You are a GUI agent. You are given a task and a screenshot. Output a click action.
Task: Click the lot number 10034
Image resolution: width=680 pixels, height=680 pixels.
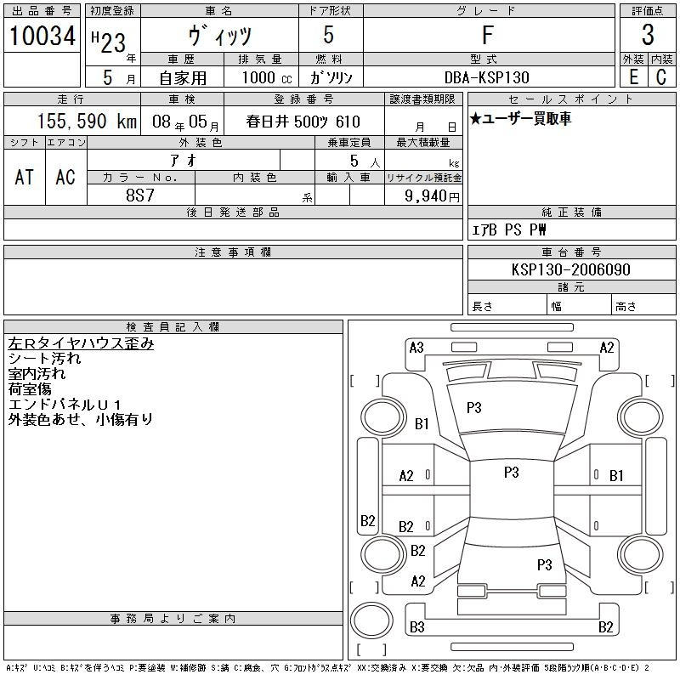tap(42, 36)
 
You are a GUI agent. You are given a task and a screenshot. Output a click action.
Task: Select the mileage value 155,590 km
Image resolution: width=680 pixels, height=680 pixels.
tap(87, 122)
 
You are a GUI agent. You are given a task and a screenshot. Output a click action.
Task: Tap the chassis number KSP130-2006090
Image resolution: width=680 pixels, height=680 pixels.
tap(570, 269)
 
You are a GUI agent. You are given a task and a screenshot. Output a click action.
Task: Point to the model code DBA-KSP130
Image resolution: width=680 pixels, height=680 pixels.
tap(487, 77)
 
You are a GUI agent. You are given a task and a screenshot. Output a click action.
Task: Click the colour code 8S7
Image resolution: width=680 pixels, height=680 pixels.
tap(140, 195)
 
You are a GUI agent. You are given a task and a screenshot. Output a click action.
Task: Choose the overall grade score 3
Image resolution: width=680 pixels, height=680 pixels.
tap(648, 35)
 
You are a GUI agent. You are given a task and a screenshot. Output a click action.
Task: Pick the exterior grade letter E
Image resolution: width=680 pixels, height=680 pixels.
tap(633, 77)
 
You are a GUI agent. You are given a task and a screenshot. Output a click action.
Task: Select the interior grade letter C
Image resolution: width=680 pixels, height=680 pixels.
tap(661, 77)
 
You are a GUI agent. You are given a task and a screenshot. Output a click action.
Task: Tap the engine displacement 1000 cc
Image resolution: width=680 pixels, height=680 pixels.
tap(267, 77)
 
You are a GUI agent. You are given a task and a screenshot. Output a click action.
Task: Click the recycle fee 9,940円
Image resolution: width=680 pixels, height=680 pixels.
tap(432, 196)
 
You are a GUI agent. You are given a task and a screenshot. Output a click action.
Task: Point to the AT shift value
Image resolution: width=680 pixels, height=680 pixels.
tap(25, 177)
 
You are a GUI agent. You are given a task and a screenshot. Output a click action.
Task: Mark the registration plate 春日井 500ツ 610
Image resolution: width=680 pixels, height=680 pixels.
tap(303, 122)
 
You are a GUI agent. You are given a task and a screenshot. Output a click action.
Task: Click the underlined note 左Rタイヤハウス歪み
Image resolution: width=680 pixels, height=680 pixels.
tap(81, 343)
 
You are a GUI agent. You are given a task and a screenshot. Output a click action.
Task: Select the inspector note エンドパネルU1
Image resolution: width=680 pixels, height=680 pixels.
tap(65, 405)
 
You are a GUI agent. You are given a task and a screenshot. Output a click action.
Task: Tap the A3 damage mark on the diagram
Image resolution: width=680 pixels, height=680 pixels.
tap(416, 348)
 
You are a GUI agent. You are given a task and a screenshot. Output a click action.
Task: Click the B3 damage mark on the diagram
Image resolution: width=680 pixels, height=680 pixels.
tap(417, 627)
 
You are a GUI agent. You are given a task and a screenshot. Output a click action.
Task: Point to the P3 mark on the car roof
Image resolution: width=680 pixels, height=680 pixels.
tap(512, 473)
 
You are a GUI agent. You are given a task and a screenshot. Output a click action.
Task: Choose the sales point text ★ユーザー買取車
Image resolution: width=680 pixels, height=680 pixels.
tap(520, 118)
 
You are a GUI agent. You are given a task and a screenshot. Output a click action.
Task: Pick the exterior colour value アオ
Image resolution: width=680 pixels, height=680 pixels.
tap(184, 161)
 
